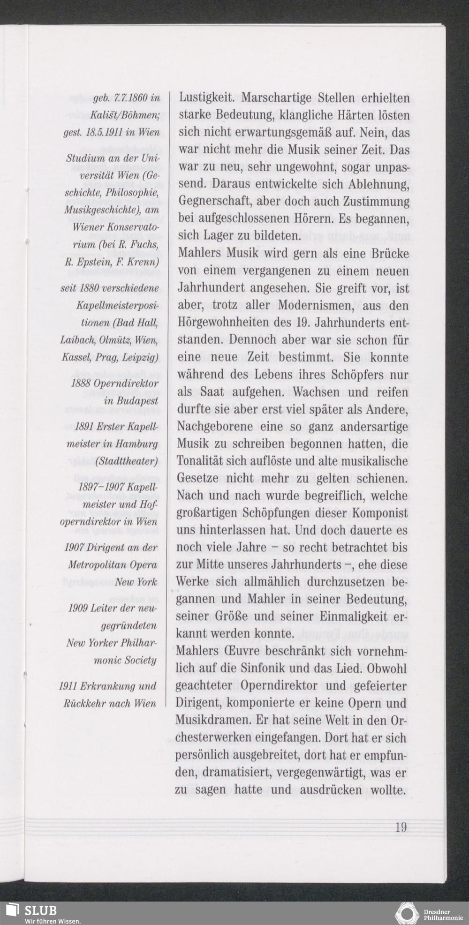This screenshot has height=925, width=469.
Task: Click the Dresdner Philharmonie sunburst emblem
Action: (x=407, y=914)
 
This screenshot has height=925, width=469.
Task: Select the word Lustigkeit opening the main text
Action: (x=206, y=98)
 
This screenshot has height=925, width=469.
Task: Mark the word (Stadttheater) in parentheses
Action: (x=126, y=461)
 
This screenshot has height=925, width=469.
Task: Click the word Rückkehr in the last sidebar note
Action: (x=84, y=703)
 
